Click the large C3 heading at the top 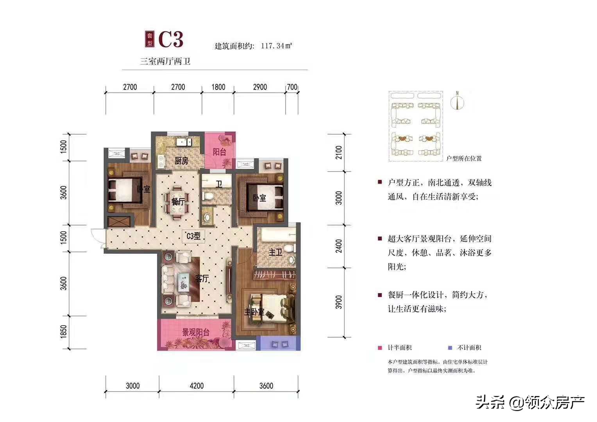(171, 39)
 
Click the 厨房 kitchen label (181, 161)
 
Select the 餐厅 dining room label (178, 202)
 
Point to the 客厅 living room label (202, 279)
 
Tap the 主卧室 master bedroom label (254, 312)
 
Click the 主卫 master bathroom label (275, 252)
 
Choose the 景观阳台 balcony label (196, 333)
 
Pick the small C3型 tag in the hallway (193, 236)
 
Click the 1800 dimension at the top (218, 87)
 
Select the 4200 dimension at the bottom (197, 386)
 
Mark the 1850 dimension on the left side (64, 332)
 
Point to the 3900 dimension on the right (339, 302)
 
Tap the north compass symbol (457, 101)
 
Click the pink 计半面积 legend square (380, 348)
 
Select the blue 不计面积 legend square (450, 348)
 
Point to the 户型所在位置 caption (464, 159)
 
